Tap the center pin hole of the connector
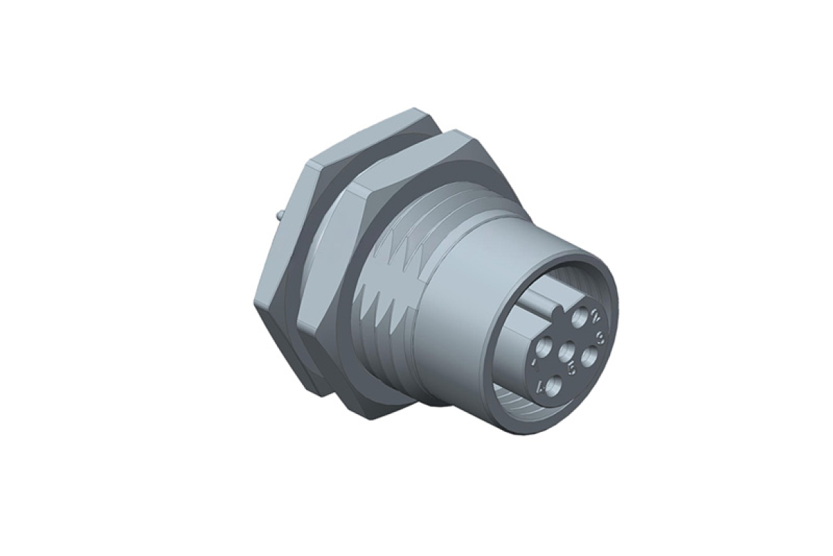pyautogui.click(x=566, y=351)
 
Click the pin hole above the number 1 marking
pyautogui.click(x=544, y=347)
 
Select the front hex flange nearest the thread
pyautogui.click(x=335, y=285)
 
